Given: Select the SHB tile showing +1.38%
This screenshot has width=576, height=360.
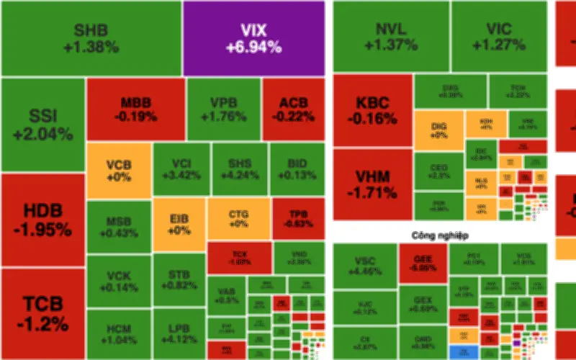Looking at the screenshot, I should tap(91, 38).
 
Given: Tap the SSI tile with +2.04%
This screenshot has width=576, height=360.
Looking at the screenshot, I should tap(42, 124).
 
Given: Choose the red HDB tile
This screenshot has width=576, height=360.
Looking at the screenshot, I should tap(42, 220).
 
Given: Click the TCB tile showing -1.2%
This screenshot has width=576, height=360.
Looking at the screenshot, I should tap(42, 313).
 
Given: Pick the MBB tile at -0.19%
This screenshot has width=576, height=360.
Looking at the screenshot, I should tap(135, 109).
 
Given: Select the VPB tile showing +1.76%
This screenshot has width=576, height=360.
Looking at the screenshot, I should tap(223, 109).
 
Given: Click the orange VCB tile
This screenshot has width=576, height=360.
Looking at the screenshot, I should tap(119, 170).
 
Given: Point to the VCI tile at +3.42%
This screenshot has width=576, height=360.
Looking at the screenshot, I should tap(181, 168).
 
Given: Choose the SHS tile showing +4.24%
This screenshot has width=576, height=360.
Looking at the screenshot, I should tap(239, 168).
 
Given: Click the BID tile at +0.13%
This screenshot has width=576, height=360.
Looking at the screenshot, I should tap(297, 168).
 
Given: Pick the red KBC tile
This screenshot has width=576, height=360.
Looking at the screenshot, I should tap(373, 109).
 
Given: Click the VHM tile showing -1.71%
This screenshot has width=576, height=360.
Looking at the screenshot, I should tap(373, 184).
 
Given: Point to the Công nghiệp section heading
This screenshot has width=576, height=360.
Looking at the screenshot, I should tap(440, 235).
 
